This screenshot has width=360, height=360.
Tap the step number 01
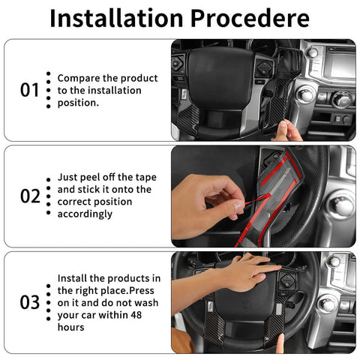(x=29, y=90)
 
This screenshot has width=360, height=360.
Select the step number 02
(x=29, y=196)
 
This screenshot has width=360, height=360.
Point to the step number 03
(x=29, y=302)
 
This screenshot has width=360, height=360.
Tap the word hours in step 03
(x=70, y=328)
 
